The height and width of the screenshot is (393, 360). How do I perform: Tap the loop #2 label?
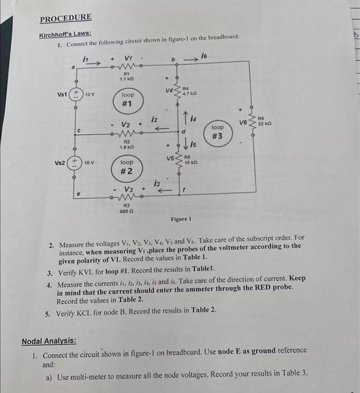128,166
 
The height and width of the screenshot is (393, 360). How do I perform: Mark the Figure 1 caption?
182,218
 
